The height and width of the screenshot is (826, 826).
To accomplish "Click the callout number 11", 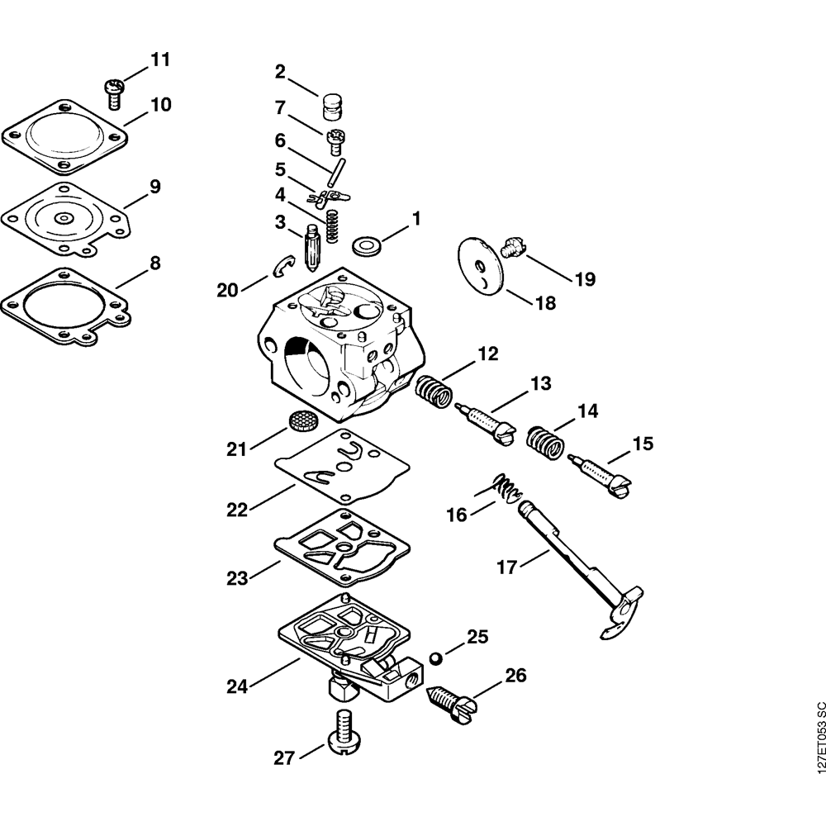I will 159,60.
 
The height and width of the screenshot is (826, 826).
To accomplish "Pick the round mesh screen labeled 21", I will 302,419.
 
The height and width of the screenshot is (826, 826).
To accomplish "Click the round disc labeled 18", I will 479,265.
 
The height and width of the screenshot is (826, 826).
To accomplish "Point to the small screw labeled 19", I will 513,245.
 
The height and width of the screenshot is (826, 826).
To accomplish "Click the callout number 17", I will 507,567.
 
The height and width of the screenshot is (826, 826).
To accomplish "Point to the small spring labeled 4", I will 332,225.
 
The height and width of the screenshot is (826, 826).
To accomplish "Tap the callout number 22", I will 237,510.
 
